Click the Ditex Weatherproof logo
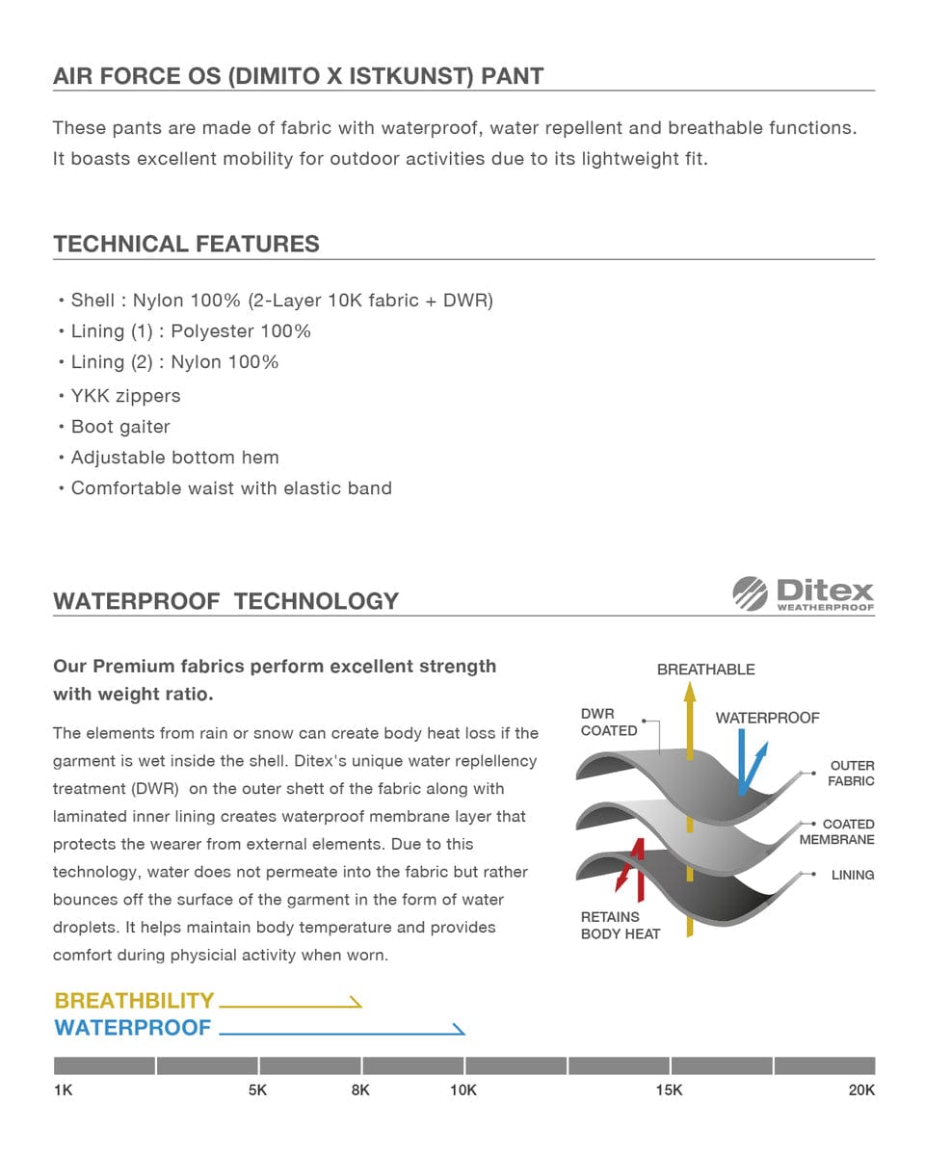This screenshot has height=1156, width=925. pos(803,593)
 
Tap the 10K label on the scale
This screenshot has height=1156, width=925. pos(463,1090)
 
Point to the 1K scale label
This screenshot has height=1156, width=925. pos(64,1090)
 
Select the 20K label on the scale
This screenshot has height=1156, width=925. pos(861,1090)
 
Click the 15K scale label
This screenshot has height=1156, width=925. pos(669,1090)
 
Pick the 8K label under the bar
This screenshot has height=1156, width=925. pos(360,1090)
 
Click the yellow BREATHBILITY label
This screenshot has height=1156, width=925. pos(134,1001)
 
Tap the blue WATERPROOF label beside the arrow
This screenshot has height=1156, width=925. pos(132,1028)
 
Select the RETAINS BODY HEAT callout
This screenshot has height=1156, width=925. pos(621,926)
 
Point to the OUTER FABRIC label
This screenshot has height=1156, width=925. pos(852,774)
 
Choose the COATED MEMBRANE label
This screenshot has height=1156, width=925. pos(837,832)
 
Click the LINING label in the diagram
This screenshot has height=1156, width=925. pos(853,876)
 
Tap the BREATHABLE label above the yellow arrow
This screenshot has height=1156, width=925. pos(705,670)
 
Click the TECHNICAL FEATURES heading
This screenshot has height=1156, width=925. pos(186,244)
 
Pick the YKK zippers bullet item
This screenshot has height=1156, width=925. pos(125,396)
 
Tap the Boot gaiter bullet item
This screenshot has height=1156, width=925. pos(120,427)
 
